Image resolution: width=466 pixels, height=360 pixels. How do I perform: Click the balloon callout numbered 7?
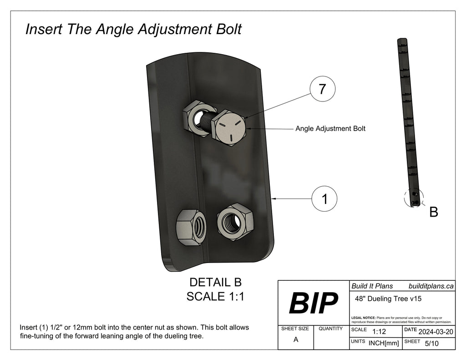coord(322,90)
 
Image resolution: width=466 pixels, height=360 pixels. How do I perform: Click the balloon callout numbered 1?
coord(324,199)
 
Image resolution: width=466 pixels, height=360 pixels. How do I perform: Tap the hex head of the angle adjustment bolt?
coord(230,129)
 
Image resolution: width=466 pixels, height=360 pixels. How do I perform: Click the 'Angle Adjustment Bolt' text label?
coord(330,129)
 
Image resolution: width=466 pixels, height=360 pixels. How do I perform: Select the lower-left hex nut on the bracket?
coord(191,226)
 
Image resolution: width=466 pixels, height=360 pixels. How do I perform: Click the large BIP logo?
coord(313,303)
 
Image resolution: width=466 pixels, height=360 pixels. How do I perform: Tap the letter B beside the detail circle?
coord(434,212)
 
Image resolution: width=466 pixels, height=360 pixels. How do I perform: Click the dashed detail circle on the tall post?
coord(414,198)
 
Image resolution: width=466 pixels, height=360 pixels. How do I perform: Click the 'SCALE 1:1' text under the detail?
coord(215,296)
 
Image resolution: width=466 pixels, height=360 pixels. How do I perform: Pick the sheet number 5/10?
coord(431,344)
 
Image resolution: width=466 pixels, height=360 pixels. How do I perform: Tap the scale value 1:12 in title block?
coord(379,332)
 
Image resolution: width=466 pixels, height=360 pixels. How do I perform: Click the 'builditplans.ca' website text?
coord(431,286)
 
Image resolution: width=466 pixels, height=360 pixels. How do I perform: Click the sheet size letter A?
coord(295,339)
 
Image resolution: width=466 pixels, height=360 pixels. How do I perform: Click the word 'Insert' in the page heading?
coord(45,30)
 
